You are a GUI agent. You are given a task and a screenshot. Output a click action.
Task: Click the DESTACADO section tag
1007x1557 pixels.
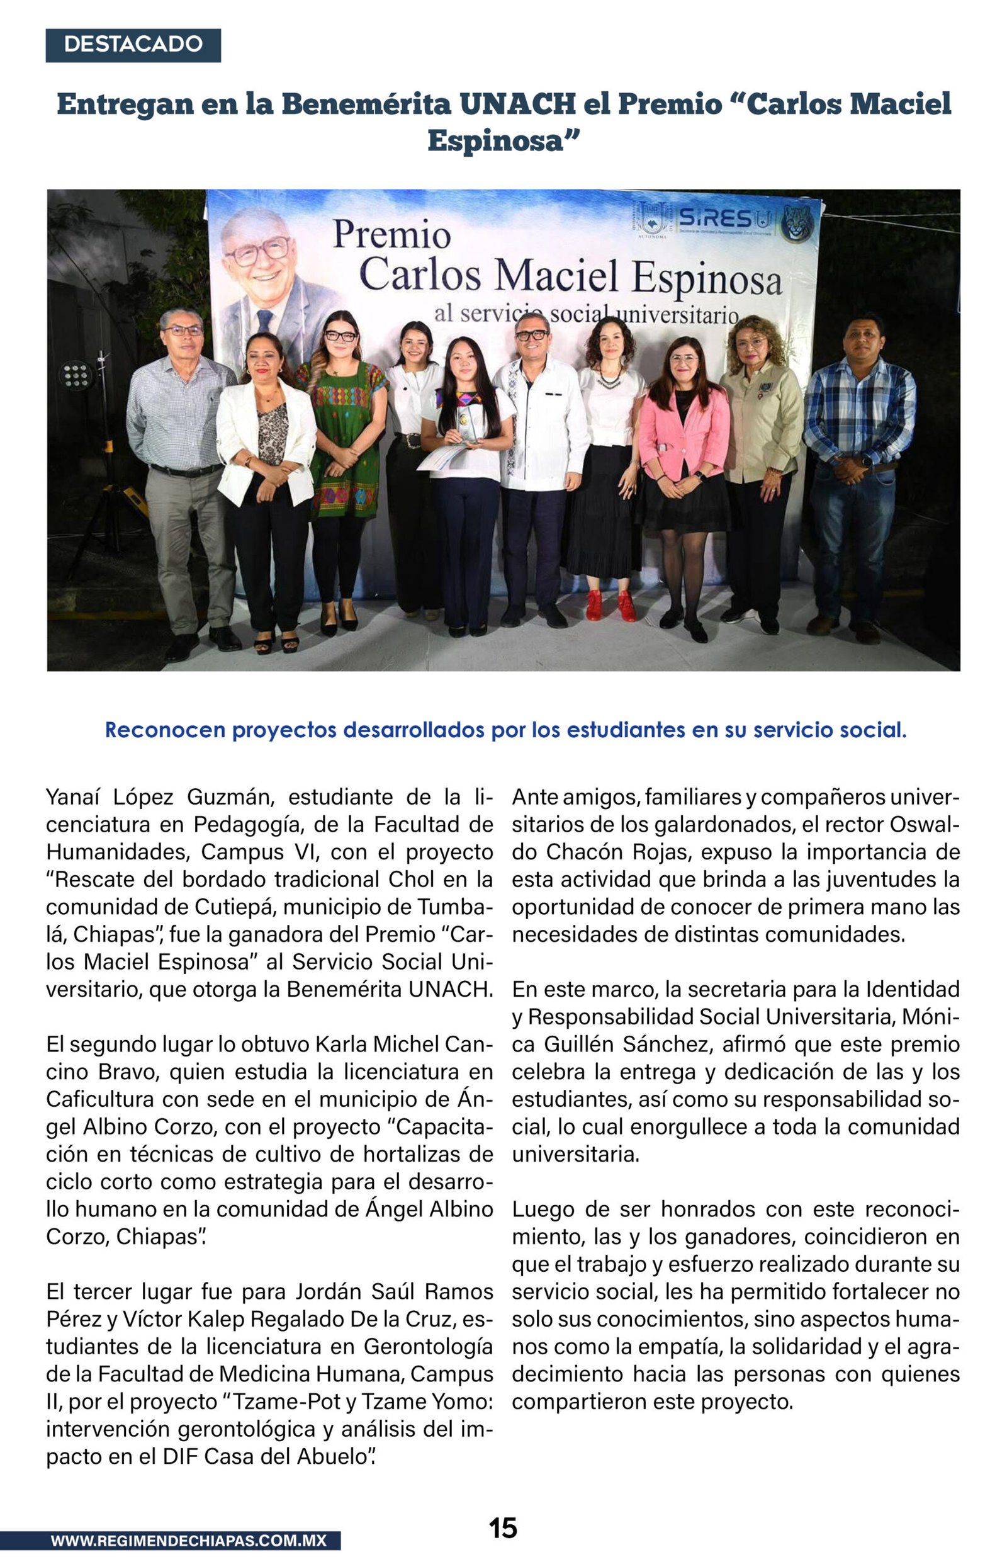tap(133, 45)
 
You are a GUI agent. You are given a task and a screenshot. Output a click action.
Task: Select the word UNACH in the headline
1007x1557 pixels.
tap(517, 104)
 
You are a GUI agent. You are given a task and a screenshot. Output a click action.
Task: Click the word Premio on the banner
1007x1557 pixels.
tap(391, 235)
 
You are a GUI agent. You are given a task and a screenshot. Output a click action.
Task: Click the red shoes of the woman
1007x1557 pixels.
tap(609, 605)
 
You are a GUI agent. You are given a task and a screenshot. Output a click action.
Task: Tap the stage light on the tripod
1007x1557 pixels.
tap(76, 375)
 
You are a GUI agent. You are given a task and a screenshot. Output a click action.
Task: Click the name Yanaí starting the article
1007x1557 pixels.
tap(73, 797)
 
